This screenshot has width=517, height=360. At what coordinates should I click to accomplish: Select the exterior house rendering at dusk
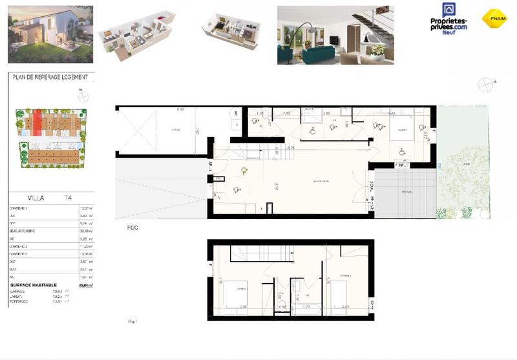click(x=50, y=34)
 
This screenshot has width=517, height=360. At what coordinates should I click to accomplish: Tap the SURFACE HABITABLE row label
click(x=34, y=284)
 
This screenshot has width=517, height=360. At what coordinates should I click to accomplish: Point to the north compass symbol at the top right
click(x=485, y=85)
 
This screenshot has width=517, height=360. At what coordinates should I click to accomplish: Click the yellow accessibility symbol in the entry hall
click(x=244, y=171)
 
